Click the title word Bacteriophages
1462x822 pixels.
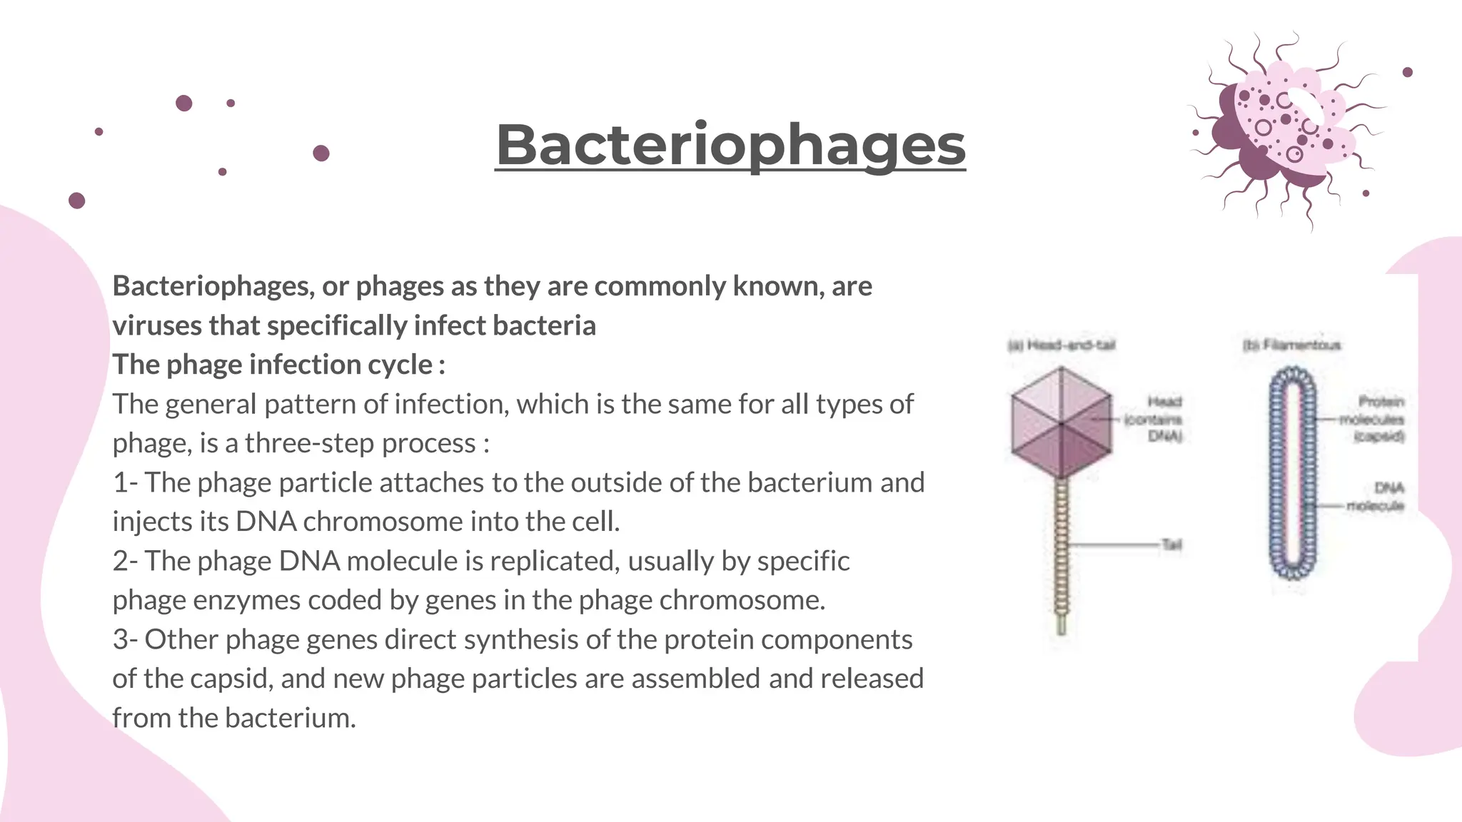(730, 146)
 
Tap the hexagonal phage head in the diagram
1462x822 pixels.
(1062, 423)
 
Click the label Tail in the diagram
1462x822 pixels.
(1171, 545)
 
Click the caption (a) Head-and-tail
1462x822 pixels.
(1062, 345)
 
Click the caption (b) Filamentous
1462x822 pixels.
(1291, 345)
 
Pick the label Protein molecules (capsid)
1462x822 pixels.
(1373, 419)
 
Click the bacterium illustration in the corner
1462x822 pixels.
(1285, 128)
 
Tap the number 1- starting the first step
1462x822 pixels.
(126, 483)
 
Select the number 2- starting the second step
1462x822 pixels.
(126, 562)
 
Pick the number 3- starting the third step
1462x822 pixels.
(126, 640)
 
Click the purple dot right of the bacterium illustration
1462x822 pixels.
(1407, 72)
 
